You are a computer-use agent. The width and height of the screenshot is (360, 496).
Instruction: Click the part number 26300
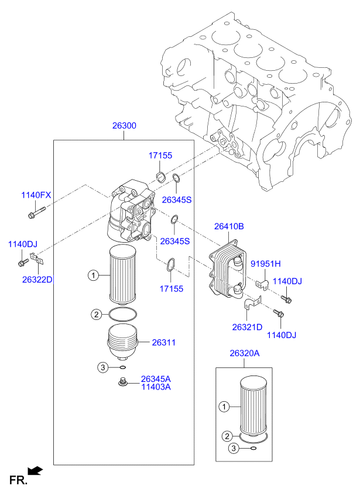[x=124, y=126]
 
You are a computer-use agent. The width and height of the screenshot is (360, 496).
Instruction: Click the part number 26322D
[x=37, y=280]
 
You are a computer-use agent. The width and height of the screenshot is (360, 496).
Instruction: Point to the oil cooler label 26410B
[x=228, y=226]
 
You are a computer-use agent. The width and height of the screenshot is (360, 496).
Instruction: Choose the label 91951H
[x=266, y=263]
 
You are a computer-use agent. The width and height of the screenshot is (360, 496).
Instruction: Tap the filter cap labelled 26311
[x=124, y=342]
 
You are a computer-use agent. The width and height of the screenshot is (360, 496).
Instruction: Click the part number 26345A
[x=156, y=378]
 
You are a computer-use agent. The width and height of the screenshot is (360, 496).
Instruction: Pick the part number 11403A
[x=156, y=387]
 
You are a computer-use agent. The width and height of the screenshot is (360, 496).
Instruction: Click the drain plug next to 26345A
[x=122, y=383]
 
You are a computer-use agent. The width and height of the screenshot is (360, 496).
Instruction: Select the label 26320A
[x=244, y=353]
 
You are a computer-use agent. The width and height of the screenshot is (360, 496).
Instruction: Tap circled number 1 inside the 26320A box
[x=223, y=406]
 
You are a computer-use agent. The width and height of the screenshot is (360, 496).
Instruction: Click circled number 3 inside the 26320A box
[x=233, y=449]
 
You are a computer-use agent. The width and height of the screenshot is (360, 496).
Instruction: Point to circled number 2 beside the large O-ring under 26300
[x=95, y=315]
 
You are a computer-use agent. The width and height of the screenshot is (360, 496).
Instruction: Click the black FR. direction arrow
[x=35, y=470]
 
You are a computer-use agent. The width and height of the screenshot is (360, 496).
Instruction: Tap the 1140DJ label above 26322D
[x=22, y=244]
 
